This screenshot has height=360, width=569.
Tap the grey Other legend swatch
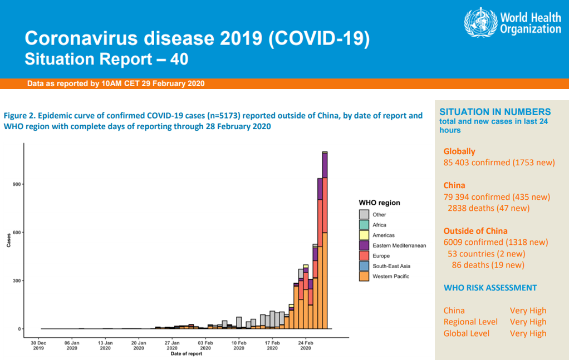click(x=364, y=214)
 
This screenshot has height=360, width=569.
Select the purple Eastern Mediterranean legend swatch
click(x=364, y=245)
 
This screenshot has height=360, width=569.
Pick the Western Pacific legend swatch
click(x=364, y=277)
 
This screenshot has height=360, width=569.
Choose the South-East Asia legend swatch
click(x=364, y=266)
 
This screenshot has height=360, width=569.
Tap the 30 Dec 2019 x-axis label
click(x=38, y=346)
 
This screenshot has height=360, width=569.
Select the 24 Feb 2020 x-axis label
click(x=306, y=346)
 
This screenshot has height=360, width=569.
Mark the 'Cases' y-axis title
click(x=8, y=240)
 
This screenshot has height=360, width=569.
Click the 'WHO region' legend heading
click(x=379, y=203)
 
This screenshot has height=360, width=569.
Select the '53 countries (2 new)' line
click(x=487, y=254)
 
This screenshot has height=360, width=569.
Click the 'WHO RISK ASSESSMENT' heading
click(x=490, y=288)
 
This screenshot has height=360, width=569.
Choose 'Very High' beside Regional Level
click(x=528, y=322)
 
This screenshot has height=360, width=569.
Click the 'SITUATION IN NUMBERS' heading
click(x=495, y=112)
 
